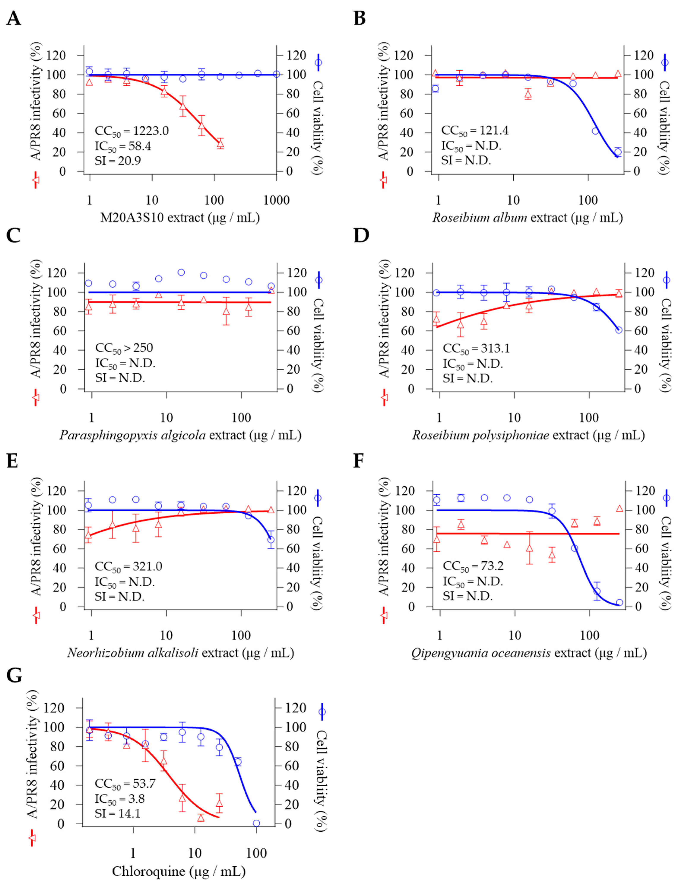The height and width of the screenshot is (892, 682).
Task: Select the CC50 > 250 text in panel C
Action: click(x=124, y=348)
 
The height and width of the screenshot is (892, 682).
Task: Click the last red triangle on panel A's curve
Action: click(x=220, y=143)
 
